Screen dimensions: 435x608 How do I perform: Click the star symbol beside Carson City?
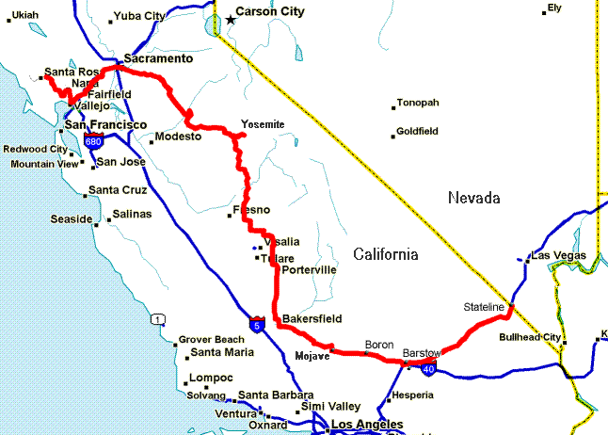(x=231, y=20)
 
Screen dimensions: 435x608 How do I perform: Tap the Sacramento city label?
(x=158, y=58)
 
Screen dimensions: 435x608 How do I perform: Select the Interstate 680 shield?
(x=93, y=141)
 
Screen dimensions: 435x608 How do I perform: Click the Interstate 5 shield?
(x=257, y=325)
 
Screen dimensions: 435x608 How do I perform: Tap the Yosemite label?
(x=263, y=124)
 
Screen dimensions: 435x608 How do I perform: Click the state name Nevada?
(x=472, y=198)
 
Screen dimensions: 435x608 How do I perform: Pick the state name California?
(x=385, y=254)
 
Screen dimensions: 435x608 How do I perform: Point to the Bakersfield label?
(x=312, y=318)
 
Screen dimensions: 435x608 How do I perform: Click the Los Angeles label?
(x=366, y=426)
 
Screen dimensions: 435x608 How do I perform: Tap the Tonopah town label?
(x=418, y=103)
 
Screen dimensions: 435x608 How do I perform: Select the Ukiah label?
(x=26, y=15)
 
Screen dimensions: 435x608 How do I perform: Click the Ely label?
(x=553, y=8)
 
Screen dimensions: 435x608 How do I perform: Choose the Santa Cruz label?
(x=117, y=190)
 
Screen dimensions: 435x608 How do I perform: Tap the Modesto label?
(x=178, y=137)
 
